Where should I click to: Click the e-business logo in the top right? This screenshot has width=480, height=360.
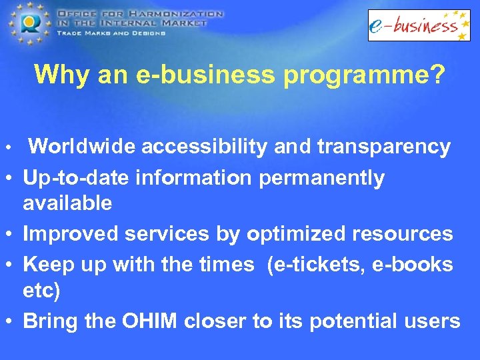point(419,25)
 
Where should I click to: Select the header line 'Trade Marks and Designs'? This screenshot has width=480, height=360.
point(109,33)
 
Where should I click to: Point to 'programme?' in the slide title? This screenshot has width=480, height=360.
point(363,75)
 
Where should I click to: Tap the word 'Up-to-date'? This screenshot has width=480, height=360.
point(76,179)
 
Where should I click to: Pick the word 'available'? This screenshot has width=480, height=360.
point(67,203)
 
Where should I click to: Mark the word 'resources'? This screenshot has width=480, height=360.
point(412,234)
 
